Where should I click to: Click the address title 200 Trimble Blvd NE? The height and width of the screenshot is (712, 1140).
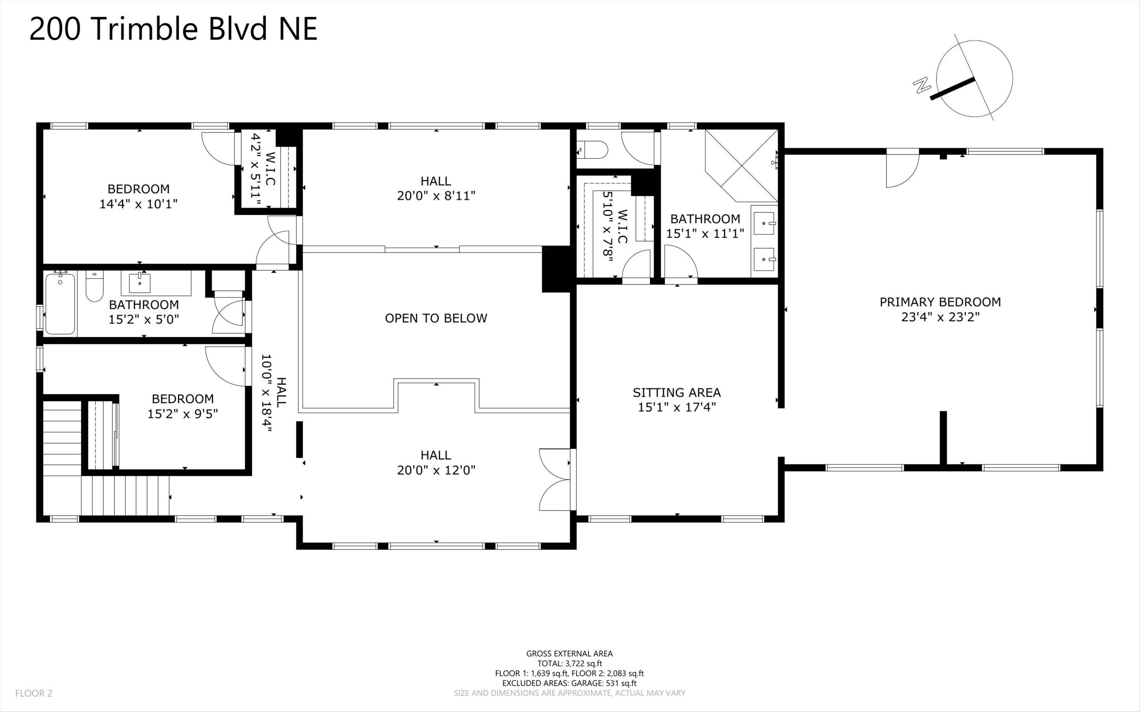point(173,29)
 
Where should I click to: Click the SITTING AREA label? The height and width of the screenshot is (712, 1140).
point(677,392)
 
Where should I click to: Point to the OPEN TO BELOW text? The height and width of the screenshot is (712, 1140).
point(436,318)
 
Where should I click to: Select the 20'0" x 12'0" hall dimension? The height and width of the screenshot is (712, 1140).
point(436,470)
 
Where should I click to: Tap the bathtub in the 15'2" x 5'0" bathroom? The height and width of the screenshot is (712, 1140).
point(60,304)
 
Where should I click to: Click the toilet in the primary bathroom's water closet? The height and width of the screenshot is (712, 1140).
point(592,150)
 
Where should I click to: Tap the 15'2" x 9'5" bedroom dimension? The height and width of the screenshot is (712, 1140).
point(183,414)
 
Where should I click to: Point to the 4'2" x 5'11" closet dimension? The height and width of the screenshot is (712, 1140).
point(256,169)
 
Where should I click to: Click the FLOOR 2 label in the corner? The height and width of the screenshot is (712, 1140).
point(34,693)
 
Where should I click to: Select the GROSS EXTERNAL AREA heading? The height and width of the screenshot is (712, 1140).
point(569,653)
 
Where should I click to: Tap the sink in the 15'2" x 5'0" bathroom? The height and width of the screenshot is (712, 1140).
point(140,283)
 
